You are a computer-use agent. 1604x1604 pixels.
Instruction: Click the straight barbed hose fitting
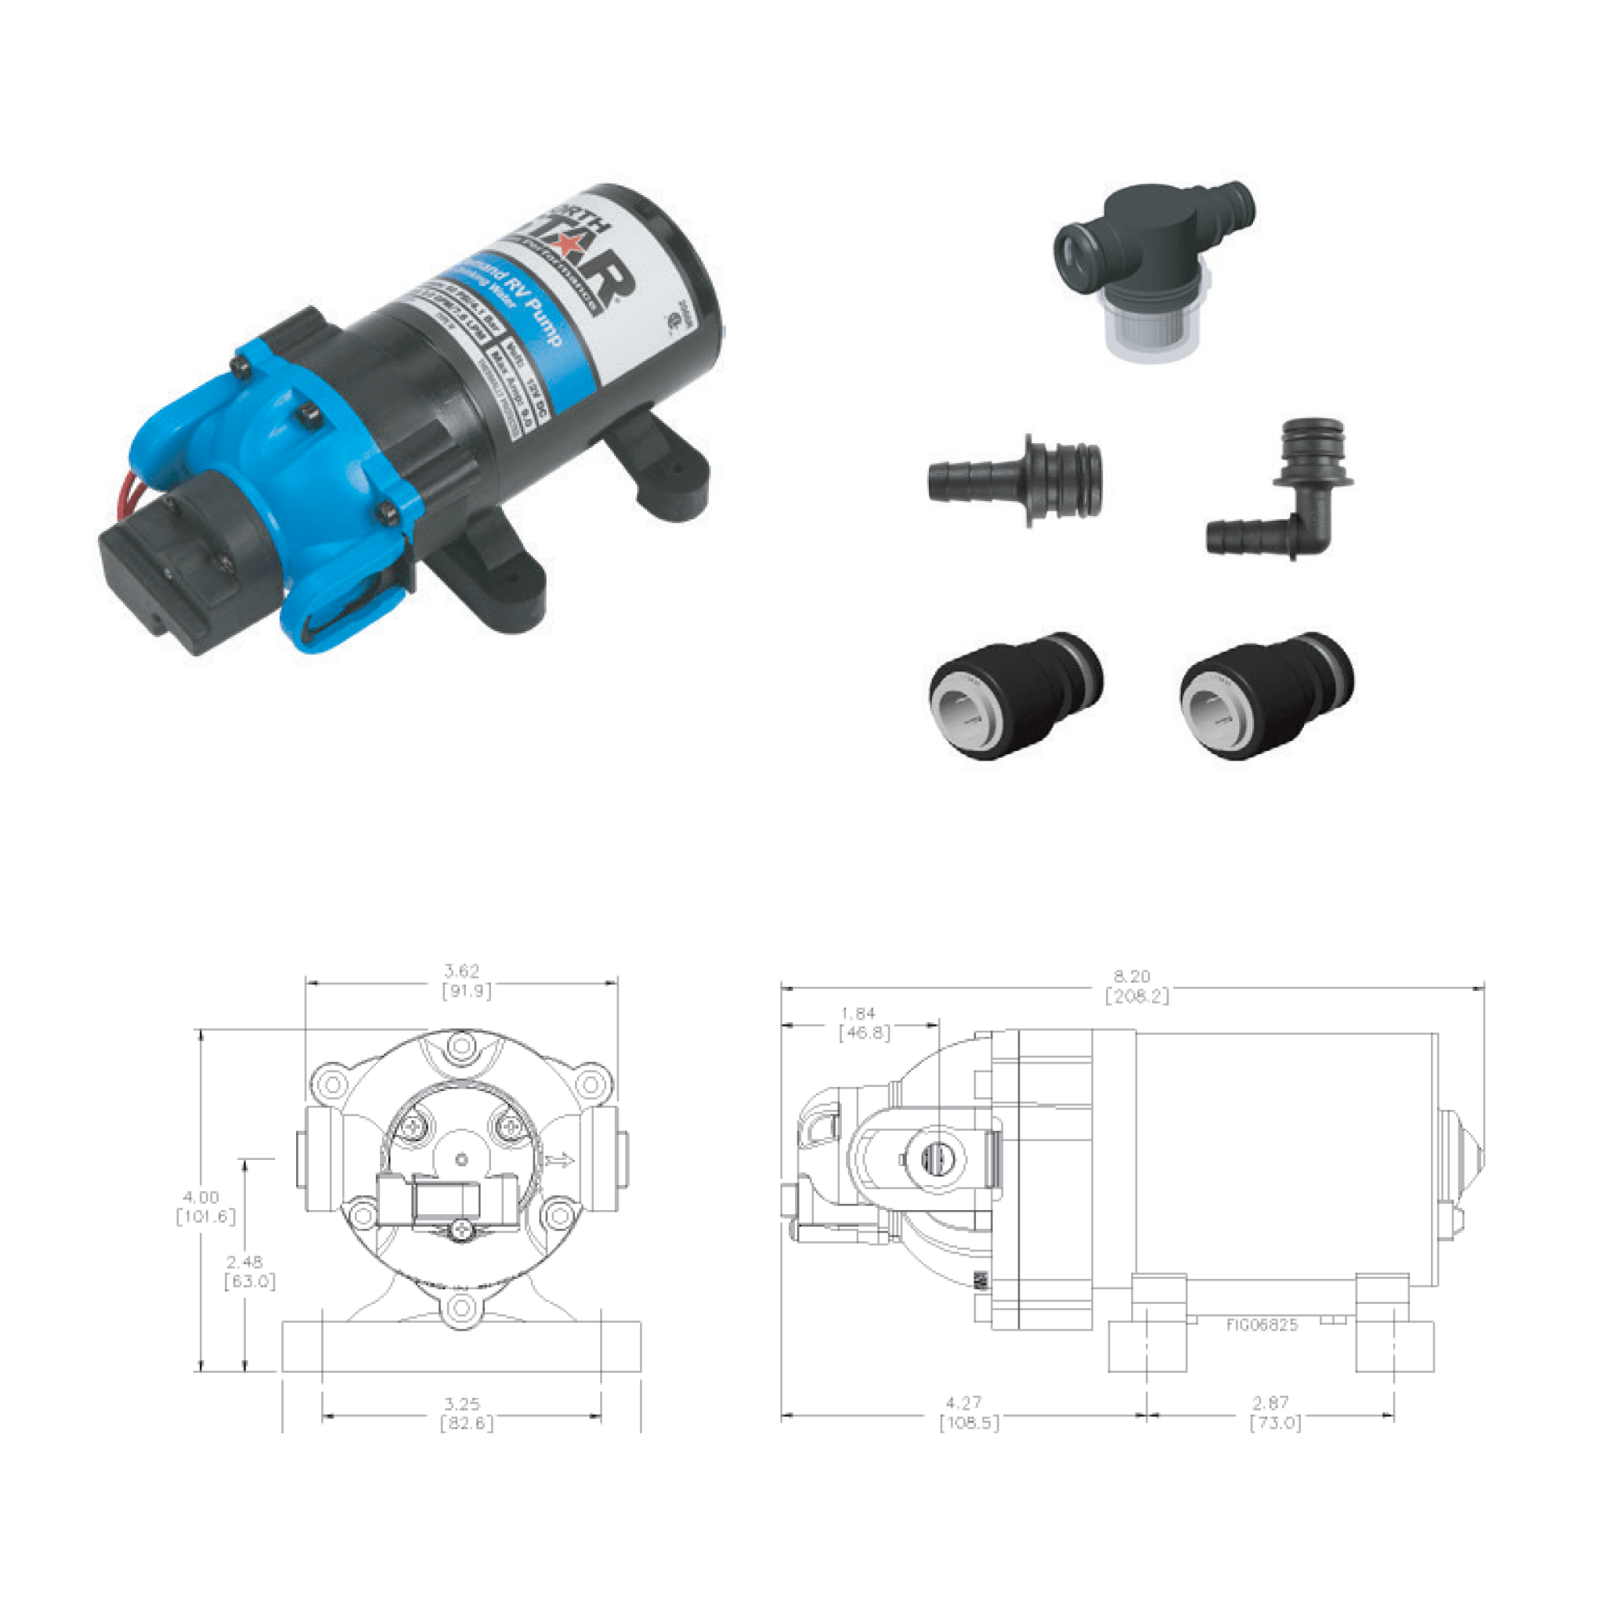point(1015,480)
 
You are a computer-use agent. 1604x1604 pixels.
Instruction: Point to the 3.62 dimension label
point(461,970)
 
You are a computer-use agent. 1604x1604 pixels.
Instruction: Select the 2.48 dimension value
point(244,1262)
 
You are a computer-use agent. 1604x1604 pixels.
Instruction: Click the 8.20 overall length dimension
point(1132,977)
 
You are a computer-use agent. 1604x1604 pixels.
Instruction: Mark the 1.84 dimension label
point(858,1013)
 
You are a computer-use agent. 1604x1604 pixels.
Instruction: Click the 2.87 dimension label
point(1270,1403)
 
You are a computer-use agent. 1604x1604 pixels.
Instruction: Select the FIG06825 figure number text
point(1262,1325)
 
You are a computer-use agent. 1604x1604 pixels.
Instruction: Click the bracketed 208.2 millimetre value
point(1136,996)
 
